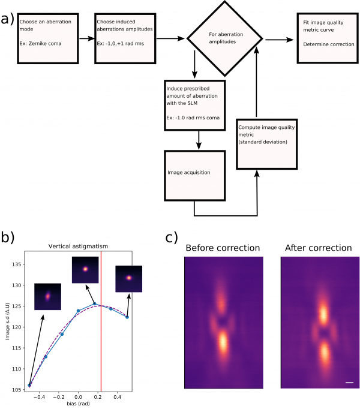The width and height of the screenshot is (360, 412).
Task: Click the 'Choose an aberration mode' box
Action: pyautogui.click(x=48, y=38)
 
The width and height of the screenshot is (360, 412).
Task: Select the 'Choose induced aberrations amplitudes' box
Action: pyautogui.click(x=125, y=38)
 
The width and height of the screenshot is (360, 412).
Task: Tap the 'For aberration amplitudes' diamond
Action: pyautogui.click(x=225, y=38)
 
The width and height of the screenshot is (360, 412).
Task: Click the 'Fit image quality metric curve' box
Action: pyautogui.click(x=328, y=38)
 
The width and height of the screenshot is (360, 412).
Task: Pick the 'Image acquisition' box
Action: pyautogui.click(x=195, y=176)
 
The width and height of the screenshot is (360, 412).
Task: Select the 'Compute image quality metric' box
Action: pyautogui.click(x=266, y=145)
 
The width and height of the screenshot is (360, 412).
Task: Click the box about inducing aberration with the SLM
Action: pyautogui.click(x=195, y=106)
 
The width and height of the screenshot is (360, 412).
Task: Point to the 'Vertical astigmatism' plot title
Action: pyautogui.click(x=78, y=246)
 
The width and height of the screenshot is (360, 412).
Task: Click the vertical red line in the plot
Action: pyautogui.click(x=101, y=321)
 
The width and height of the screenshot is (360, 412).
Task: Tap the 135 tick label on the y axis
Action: pyautogui.click(x=16, y=264)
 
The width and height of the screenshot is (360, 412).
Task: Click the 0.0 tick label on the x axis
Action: pyautogui.click(x=78, y=397)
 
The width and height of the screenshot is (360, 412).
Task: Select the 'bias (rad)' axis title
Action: pyautogui.click(x=78, y=404)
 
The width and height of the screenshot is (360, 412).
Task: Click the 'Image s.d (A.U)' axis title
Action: pyautogui.click(x=7, y=321)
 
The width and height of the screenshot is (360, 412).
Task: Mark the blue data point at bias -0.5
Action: pyautogui.click(x=29, y=386)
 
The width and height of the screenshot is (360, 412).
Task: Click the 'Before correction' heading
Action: pyautogui.click(x=223, y=248)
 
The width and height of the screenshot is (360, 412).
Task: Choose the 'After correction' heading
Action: pyautogui.click(x=319, y=248)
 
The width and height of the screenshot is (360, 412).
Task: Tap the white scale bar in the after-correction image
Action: pyautogui.click(x=349, y=383)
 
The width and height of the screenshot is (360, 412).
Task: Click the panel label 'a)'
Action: pyautogui.click(x=7, y=19)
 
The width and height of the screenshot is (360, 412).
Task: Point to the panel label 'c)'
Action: pyautogui.click(x=172, y=237)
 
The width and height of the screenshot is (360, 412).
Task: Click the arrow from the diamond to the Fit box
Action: pyautogui.click(x=279, y=40)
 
